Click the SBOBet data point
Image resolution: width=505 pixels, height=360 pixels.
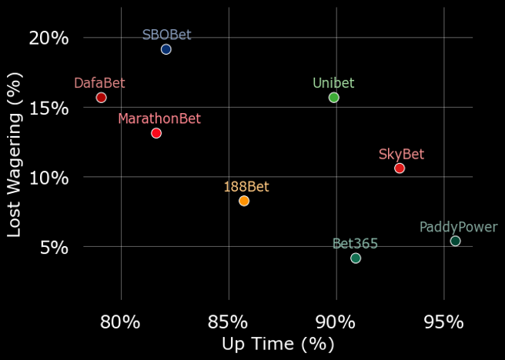point(166,49)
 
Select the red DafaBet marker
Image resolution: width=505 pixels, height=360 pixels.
point(101,98)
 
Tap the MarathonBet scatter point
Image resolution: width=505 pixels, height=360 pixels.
point(156,133)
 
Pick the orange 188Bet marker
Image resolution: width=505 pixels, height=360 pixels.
point(244,201)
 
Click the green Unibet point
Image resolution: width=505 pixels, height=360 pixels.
point(333,98)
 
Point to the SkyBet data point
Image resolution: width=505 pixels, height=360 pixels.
point(400,168)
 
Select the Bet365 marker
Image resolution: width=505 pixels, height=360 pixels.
point(356,258)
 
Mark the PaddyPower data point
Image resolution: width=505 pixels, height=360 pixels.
point(455,241)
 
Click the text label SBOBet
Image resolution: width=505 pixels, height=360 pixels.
point(167,35)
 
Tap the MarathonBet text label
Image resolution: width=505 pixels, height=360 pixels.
point(159,118)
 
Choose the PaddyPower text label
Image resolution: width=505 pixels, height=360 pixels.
point(459,227)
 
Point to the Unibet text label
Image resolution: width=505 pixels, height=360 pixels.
point(333,83)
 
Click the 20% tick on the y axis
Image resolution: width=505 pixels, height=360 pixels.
point(49,38)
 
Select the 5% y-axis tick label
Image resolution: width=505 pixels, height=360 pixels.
point(55,248)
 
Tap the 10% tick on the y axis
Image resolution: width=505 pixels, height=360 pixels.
point(49,178)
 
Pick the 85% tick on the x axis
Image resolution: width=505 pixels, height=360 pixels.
point(229,322)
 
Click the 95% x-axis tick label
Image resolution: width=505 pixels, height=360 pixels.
point(443,322)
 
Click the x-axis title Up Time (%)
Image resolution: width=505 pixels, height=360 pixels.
point(279,344)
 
